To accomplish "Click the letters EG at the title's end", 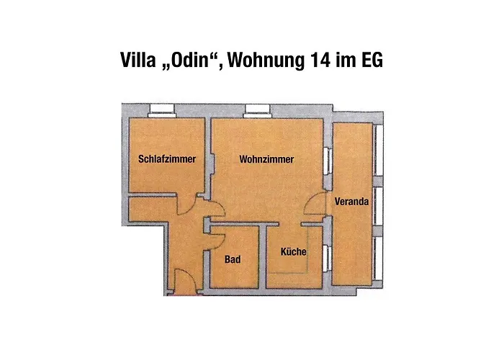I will (x=372, y=60).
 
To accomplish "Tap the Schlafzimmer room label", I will (x=167, y=160).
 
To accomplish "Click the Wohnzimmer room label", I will (x=267, y=160).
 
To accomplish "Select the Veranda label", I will (x=352, y=202).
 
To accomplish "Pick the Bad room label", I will (x=232, y=259).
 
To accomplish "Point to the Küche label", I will (x=293, y=253).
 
